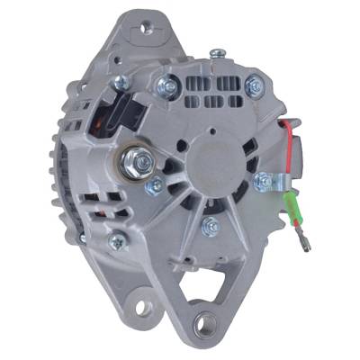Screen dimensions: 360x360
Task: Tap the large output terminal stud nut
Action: coord(143,164)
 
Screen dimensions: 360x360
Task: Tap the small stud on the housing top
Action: coord(214,53)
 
